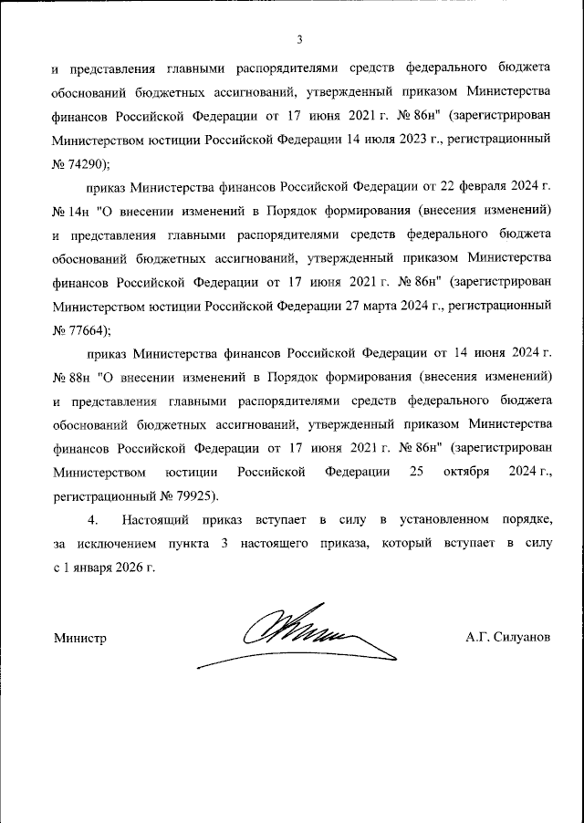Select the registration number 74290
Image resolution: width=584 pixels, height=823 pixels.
pos(89,164)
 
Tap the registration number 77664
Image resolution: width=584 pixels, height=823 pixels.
pos(89,329)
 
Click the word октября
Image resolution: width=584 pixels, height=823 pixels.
pos(468,472)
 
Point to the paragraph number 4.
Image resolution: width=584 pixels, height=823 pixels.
pos(91,519)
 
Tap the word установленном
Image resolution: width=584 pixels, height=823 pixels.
pos(442,519)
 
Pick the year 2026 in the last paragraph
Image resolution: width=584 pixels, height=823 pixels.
pos(127,567)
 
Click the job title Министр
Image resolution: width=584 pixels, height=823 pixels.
pos(80,639)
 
